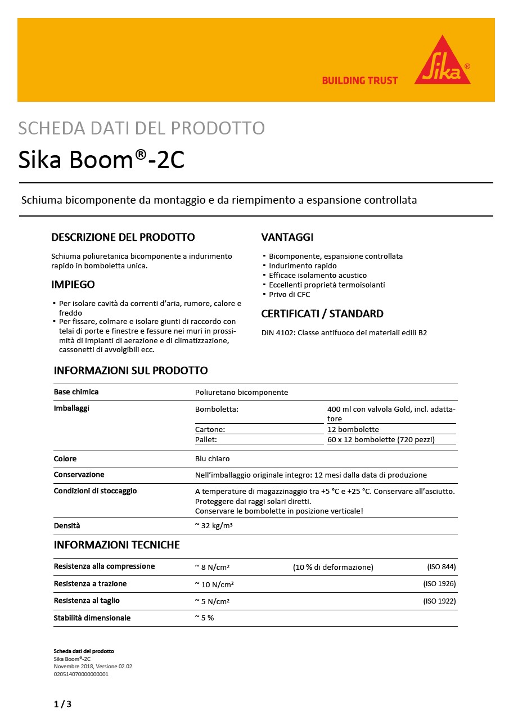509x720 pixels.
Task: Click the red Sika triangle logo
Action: pyautogui.click(x=443, y=63)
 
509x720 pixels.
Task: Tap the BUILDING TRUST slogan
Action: pyautogui.click(x=360, y=80)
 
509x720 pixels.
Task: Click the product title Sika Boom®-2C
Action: pyautogui.click(x=101, y=160)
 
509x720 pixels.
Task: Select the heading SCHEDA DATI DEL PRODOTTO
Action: pyautogui.click(x=141, y=128)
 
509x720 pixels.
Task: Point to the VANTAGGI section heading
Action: pyautogui.click(x=287, y=237)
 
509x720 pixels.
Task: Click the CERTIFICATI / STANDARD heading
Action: pyautogui.click(x=322, y=314)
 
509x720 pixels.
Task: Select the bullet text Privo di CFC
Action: pyautogui.click(x=289, y=294)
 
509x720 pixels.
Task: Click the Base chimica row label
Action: pyautogui.click(x=76, y=391)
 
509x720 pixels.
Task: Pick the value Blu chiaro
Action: pyautogui.click(x=212, y=458)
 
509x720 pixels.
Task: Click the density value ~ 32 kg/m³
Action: pyautogui.click(x=214, y=526)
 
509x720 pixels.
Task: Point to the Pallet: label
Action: pyautogui.click(x=206, y=439)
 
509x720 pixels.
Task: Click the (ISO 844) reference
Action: pyautogui.click(x=442, y=566)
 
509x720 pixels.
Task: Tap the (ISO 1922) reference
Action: pyautogui.click(x=439, y=601)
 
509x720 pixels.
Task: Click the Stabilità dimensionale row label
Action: pyautogui.click(x=92, y=618)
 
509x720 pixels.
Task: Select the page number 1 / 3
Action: pyautogui.click(x=62, y=704)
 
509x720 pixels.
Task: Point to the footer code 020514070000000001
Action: pyautogui.click(x=81, y=673)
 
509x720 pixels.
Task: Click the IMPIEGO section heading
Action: pyautogui.click(x=73, y=285)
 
